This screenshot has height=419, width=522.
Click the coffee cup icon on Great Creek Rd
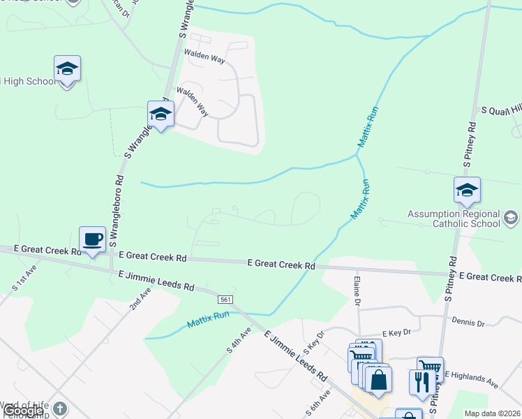click(x=92, y=239)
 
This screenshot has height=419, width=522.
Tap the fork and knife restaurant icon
click(x=422, y=381)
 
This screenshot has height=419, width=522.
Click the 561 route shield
click(x=224, y=297)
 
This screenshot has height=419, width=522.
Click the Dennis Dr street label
click(x=468, y=323)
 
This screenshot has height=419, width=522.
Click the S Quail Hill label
click(x=496, y=110)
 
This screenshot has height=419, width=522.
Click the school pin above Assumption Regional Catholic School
click(x=467, y=189)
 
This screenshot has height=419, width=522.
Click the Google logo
click(x=22, y=411)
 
